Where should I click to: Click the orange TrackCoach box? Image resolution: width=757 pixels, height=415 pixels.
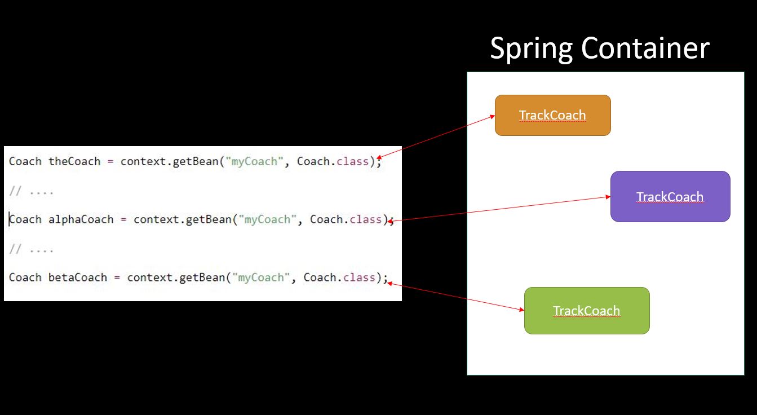pos(552,115)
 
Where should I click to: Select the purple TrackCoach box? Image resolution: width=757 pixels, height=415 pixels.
pos(670,196)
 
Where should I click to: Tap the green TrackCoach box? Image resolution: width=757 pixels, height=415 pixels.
pos(586,311)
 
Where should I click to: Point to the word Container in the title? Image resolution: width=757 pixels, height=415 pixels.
pos(645,48)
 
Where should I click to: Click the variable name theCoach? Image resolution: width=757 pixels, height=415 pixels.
pos(74,161)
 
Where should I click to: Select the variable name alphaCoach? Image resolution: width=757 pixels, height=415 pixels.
pos(81,219)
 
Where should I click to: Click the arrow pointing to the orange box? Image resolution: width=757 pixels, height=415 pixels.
pos(436,137)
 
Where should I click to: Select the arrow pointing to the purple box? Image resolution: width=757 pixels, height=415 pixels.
pos(499,209)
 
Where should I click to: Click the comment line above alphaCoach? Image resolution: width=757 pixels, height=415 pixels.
pos(32,192)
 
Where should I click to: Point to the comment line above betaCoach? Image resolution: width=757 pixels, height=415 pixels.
pos(32,249)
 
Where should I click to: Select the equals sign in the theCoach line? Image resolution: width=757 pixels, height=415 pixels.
pos(110,161)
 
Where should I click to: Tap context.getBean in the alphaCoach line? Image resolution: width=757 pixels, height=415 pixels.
pos(182,219)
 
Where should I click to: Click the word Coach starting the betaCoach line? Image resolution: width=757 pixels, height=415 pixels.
pos(25,277)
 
